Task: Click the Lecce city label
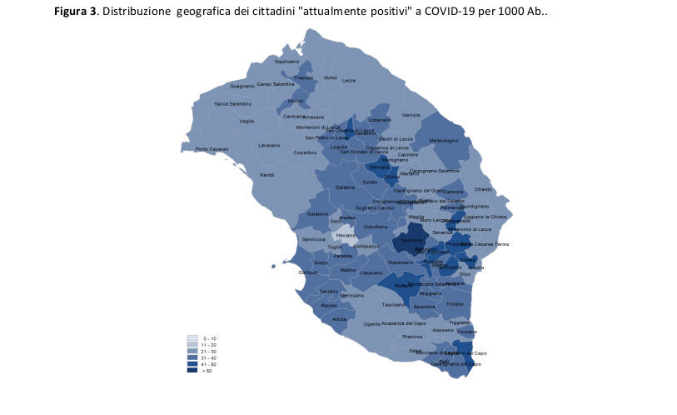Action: click(348, 80)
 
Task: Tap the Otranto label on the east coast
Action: click(484, 189)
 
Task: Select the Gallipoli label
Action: click(308, 272)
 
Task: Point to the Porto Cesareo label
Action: click(213, 149)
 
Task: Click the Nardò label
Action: click(267, 175)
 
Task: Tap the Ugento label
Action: click(372, 323)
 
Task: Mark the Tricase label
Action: click(454, 303)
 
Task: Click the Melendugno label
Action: click(443, 141)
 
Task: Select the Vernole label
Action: click(411, 114)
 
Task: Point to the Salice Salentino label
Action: click(232, 103)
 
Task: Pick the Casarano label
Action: click(371, 272)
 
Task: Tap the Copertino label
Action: click(305, 152)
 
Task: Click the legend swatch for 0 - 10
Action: click(192, 338)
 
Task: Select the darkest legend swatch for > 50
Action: click(192, 370)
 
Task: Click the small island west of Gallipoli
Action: click(274, 266)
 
